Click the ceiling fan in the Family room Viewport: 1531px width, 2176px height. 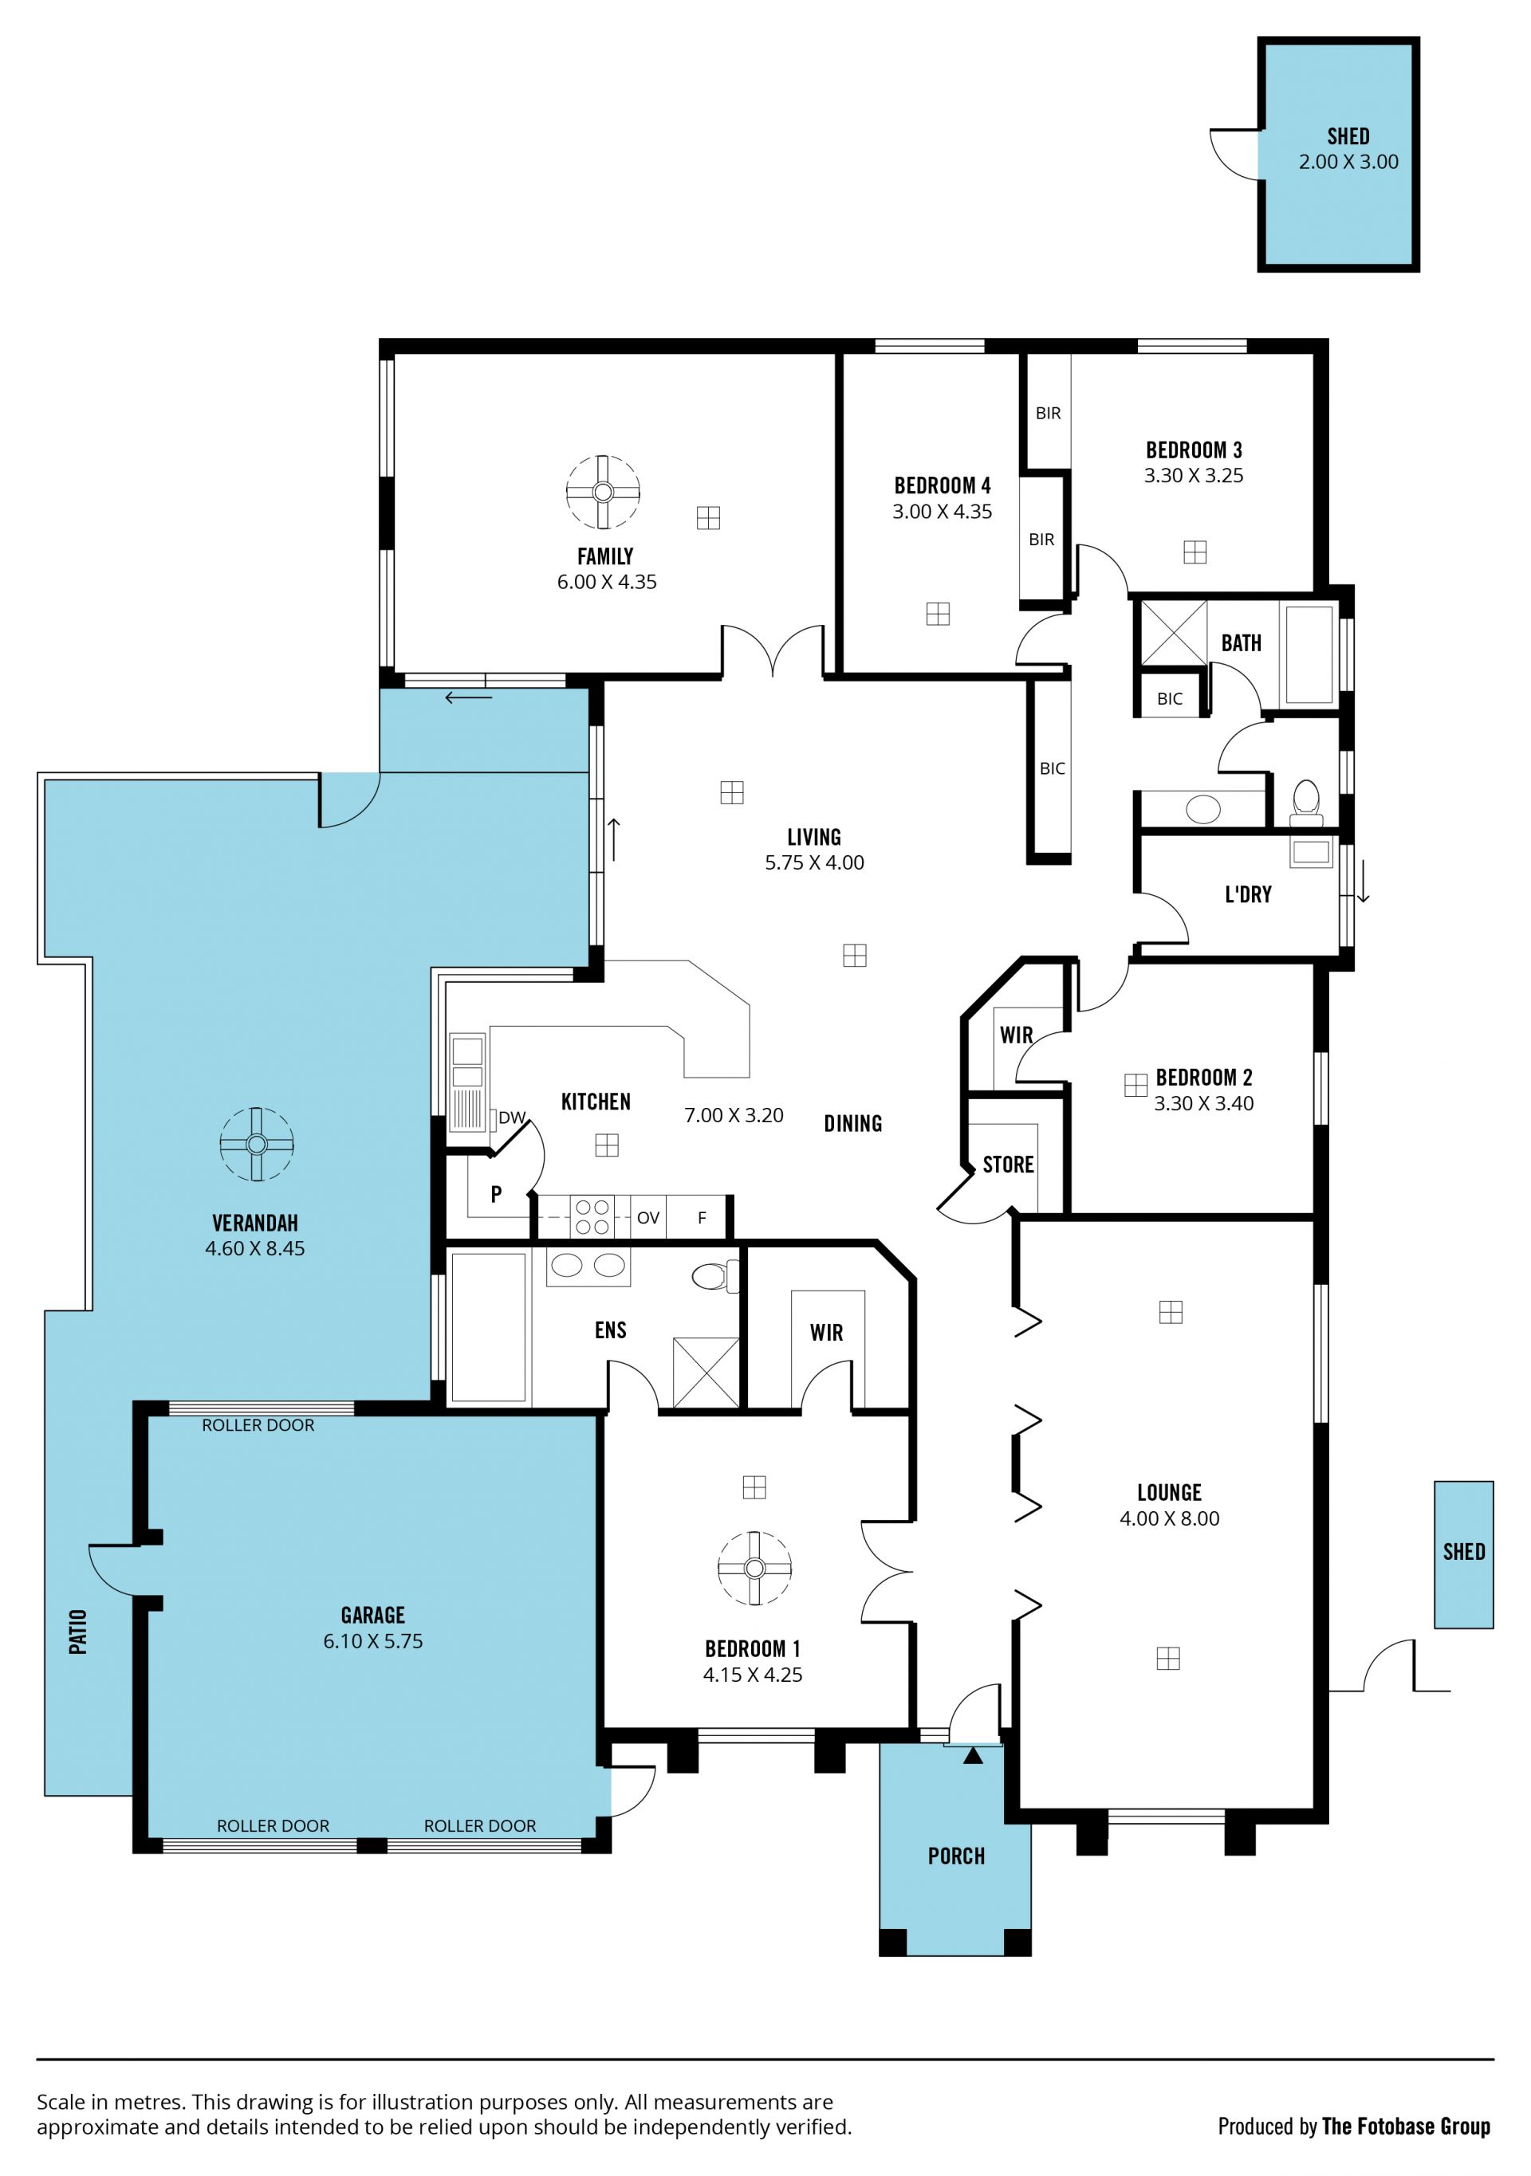coord(603,492)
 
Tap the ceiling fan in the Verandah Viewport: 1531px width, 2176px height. coord(256,1144)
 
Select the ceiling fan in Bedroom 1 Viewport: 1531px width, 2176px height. coord(754,1569)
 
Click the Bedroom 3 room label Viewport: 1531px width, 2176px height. coord(1194,450)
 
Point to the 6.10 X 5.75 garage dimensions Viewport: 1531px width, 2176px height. coord(372,1640)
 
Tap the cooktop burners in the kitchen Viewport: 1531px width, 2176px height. coord(592,1217)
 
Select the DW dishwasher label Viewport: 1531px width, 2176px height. coord(512,1117)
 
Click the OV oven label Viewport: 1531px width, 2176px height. coord(648,1218)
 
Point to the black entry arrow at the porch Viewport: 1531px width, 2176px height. coord(973,1755)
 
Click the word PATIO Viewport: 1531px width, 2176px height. coord(77,1632)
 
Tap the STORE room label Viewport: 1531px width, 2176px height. coord(1008,1165)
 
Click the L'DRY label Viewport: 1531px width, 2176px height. coord(1249,894)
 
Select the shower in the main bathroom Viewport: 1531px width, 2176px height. coord(1175,633)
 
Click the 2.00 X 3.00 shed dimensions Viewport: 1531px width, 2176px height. coord(1348,162)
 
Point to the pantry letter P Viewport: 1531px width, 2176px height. coord(496,1194)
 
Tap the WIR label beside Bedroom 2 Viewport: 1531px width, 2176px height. coord(1016,1035)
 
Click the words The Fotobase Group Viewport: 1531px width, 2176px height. coord(1406,2126)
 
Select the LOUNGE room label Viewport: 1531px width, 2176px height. coord(1169,1493)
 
